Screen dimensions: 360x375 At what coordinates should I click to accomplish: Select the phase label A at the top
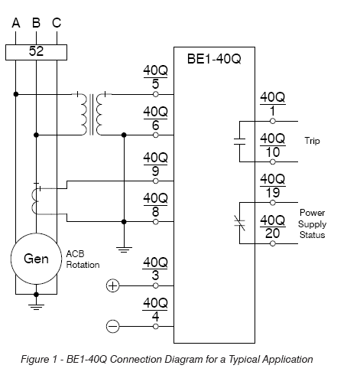(16, 23)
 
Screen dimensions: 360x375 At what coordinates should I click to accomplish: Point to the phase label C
(57, 23)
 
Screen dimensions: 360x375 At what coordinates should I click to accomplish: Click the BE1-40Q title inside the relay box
(214, 59)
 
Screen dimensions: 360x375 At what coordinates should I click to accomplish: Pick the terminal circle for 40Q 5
(156, 94)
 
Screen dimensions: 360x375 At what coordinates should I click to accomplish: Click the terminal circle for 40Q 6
(156, 135)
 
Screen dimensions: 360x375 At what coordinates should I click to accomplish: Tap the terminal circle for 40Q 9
(156, 181)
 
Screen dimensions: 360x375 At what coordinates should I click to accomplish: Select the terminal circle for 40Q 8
(156, 222)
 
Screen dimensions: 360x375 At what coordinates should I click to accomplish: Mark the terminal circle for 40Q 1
(273, 121)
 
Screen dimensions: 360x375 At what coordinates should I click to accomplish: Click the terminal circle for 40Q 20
(273, 243)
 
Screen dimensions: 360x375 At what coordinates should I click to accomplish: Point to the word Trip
(312, 141)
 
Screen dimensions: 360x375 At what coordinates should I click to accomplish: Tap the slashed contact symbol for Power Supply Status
(239, 223)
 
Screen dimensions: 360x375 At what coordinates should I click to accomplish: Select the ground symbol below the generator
(36, 307)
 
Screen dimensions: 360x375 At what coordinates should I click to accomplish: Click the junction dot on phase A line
(16, 94)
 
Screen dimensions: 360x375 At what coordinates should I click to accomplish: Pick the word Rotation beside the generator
(83, 265)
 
